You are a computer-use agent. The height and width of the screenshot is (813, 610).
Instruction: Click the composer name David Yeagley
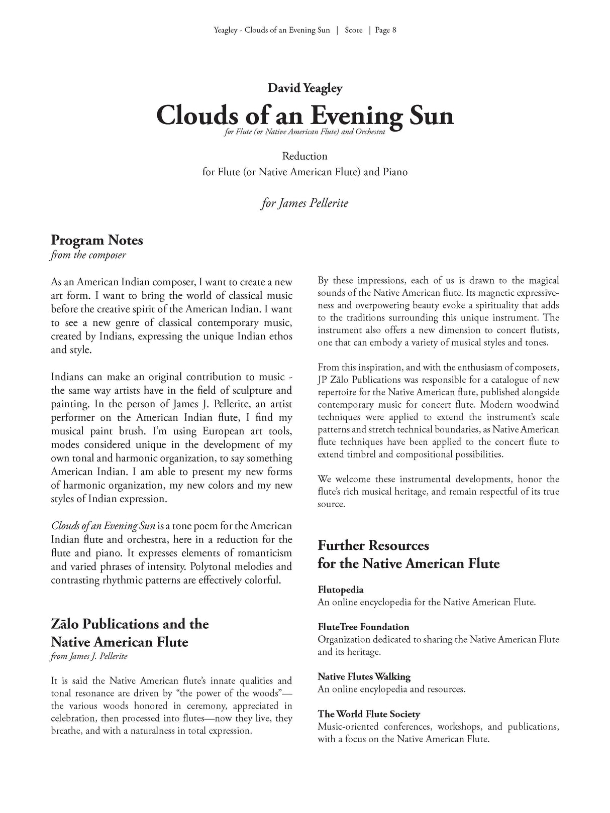point(304,88)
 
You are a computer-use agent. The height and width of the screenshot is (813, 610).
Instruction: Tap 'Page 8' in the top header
point(385,30)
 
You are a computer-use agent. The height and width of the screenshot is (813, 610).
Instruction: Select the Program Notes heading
point(97,240)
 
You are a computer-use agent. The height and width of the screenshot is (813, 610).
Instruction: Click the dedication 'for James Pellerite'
point(304,203)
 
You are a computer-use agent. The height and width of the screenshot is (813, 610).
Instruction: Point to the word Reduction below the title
point(304,156)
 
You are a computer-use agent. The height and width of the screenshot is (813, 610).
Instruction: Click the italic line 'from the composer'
point(88,255)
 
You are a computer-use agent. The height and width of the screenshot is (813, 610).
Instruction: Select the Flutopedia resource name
point(340,590)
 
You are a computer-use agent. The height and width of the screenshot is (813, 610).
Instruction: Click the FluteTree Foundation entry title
point(363,627)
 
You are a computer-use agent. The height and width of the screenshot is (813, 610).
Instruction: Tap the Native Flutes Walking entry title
point(364,676)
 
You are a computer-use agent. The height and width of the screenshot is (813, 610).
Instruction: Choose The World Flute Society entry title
point(368,714)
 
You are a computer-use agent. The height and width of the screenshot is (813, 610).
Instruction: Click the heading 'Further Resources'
point(373,545)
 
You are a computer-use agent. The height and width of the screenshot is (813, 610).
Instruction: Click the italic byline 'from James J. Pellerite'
point(89,656)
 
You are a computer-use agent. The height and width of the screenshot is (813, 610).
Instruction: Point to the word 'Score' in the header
point(353,30)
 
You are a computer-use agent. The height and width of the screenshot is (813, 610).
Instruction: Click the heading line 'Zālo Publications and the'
point(130,624)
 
